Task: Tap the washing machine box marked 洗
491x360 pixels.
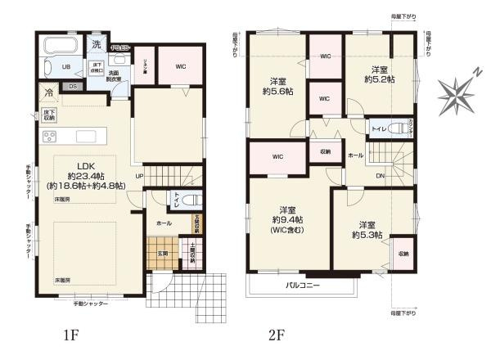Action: click(x=97, y=45)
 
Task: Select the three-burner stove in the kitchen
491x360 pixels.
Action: click(x=48, y=137)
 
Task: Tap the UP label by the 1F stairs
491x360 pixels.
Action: click(x=139, y=176)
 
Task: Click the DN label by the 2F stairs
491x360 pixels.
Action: click(x=380, y=175)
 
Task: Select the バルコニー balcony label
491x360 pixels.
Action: click(x=302, y=286)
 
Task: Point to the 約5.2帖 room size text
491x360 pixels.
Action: click(x=378, y=79)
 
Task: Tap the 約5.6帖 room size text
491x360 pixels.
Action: click(x=277, y=92)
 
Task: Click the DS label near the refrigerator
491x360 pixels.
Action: click(x=73, y=86)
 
